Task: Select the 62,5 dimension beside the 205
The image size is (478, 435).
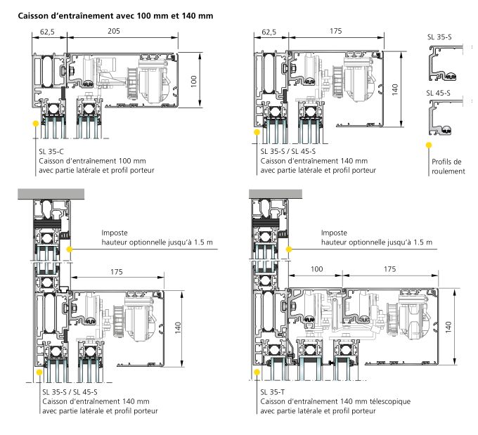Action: point(48,32)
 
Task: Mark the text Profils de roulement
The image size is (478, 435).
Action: point(448,167)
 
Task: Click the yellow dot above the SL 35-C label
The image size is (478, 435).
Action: point(34,122)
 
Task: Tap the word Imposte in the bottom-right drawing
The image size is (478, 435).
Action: point(335,232)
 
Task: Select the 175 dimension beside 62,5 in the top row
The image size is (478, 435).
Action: point(336,32)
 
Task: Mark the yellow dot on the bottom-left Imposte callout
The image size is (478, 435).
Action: point(69,248)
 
